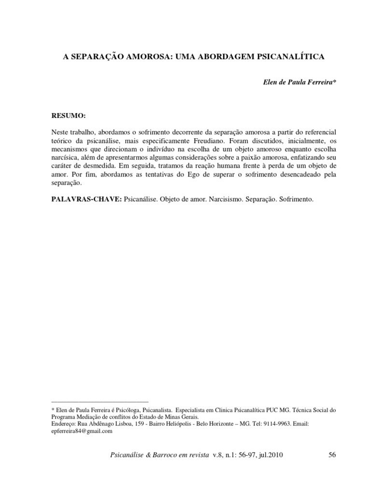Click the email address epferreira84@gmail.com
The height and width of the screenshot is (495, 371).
point(81,431)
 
